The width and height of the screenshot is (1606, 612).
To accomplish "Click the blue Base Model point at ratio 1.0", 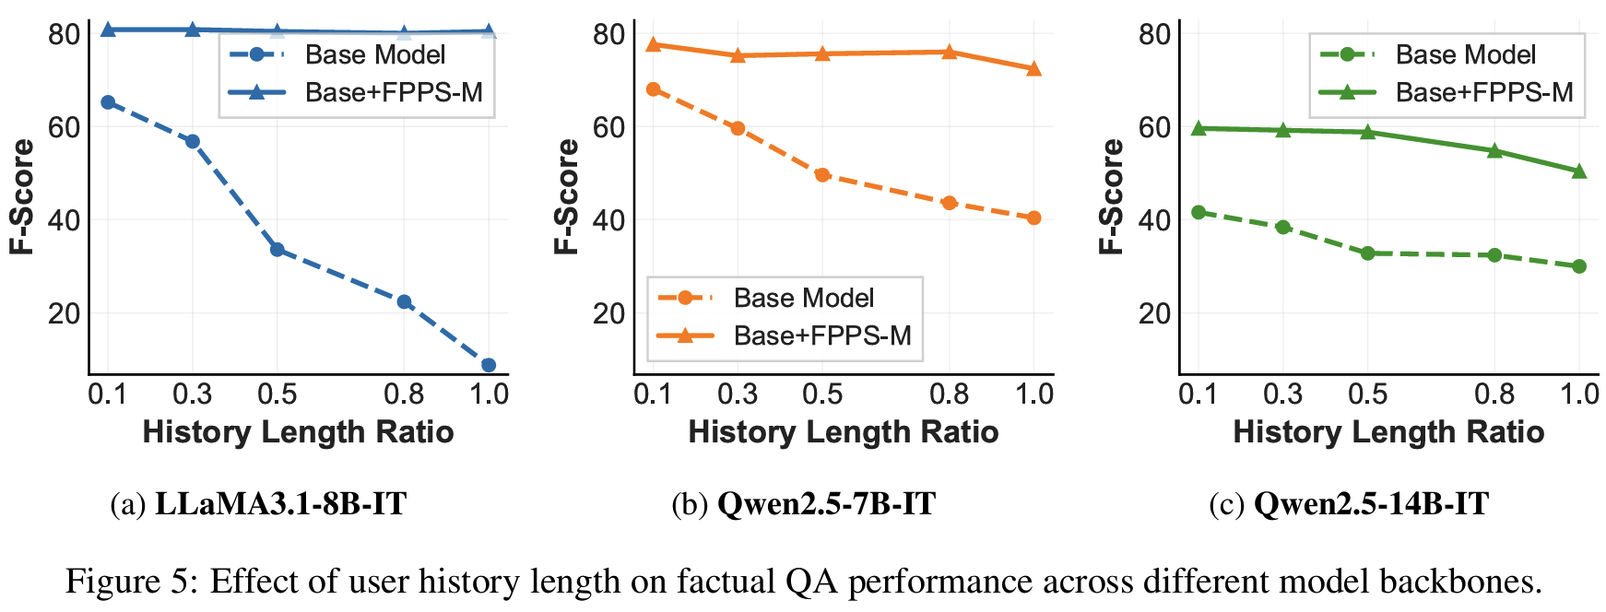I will click(x=489, y=365).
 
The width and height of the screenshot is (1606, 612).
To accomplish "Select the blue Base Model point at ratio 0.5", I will click(x=277, y=250).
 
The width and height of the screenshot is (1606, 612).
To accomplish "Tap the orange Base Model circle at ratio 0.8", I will click(x=950, y=203).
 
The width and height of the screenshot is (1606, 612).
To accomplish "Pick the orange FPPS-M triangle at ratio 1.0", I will click(x=1033, y=69).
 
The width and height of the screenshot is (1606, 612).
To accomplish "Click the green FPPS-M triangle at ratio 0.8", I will click(x=1494, y=150).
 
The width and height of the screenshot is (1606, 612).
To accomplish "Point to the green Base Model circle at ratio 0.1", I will click(x=1199, y=212).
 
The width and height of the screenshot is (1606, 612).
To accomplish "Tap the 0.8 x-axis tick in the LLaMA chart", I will click(x=404, y=394).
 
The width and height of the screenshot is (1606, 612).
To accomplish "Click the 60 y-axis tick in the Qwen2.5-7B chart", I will click(x=609, y=127).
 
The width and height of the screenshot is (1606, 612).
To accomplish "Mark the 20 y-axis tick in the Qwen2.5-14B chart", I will click(x=1154, y=313).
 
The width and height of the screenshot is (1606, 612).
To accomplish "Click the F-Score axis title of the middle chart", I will click(x=566, y=196).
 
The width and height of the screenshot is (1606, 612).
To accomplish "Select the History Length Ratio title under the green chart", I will click(x=1388, y=431).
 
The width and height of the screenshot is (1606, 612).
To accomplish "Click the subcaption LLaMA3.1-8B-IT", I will click(x=280, y=504).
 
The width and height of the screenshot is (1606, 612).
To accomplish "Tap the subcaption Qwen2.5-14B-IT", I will click(x=1371, y=504).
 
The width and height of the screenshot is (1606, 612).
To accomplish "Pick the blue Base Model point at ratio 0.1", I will click(x=108, y=102).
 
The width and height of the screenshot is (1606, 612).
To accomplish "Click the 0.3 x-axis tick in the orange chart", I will click(x=738, y=394).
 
